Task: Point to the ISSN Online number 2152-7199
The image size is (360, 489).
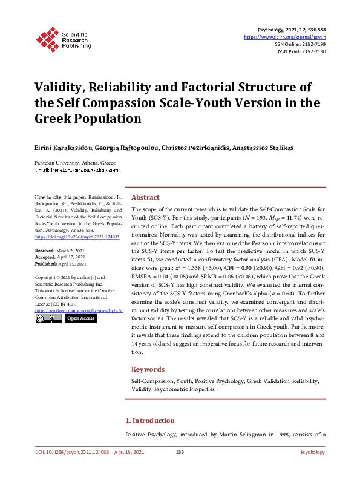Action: pos(313,44)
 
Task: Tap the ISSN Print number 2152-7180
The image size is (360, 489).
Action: pos(313,51)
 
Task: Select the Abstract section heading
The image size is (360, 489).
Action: pos(145,197)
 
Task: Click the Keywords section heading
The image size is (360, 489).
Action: pos(148,369)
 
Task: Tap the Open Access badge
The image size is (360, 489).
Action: pos(80,318)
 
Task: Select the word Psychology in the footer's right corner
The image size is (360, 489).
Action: pos(313,453)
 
